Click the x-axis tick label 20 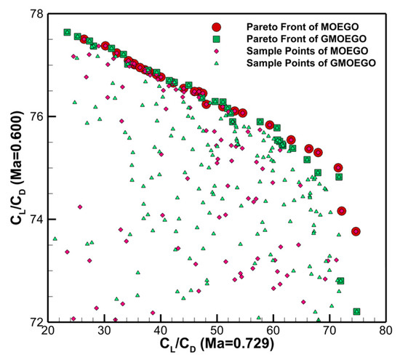(48, 330)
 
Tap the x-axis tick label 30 (105, 330)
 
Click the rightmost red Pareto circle (356, 231)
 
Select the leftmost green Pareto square (67, 33)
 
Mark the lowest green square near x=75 (356, 311)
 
